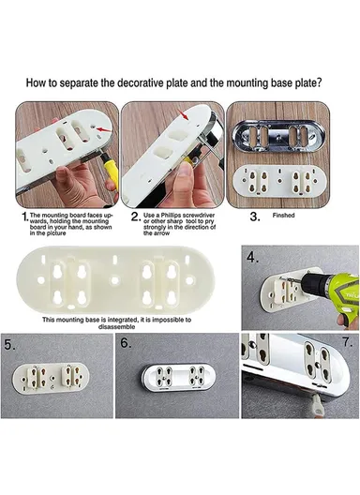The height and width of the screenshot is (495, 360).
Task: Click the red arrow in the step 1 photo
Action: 104,129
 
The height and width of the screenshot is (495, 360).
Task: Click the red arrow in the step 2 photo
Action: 183,114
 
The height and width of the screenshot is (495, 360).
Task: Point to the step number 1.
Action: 24,217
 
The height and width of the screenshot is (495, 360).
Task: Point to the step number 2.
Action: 135,217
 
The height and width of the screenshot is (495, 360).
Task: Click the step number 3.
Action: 254,217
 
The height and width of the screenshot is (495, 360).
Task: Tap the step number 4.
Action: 252,258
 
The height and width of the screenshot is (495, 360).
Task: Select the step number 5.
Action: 9,345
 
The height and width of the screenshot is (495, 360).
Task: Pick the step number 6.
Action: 126,343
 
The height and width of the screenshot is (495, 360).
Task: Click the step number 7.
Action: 348,342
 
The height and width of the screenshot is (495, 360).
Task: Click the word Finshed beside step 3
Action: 283,216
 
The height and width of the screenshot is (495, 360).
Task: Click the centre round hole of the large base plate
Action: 114,280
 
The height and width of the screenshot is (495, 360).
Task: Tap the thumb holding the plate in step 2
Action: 187,174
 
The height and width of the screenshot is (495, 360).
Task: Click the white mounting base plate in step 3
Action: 279,181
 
